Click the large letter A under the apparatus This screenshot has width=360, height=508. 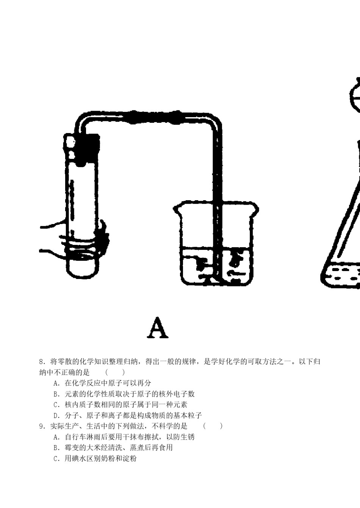[158, 328]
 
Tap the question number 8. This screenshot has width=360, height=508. [42, 362]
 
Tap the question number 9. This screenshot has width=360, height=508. [42, 426]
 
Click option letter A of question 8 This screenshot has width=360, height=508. [56, 383]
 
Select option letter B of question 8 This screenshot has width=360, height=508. [56, 394]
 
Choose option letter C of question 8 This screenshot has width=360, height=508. [56, 405]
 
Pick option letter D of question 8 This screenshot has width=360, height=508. [56, 415]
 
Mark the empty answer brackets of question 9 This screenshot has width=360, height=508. [213, 426]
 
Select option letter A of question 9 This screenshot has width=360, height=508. [56, 437]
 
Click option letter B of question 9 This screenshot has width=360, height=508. [56, 448]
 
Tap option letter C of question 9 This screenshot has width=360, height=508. [56, 459]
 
